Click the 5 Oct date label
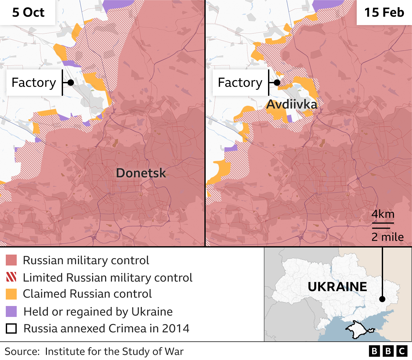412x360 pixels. click(x=28, y=13)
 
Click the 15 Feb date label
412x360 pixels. click(x=384, y=13)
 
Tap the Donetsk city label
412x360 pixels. click(x=141, y=173)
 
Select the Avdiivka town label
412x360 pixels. click(x=291, y=104)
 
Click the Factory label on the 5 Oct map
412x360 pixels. click(x=34, y=83)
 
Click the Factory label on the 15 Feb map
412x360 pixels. click(x=240, y=83)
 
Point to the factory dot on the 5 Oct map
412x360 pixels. click(x=71, y=83)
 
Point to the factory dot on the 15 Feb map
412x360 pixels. click(x=277, y=83)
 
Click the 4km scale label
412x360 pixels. click(x=383, y=214)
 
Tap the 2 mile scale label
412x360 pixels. click(x=387, y=237)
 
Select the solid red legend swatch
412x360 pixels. click(x=11, y=260)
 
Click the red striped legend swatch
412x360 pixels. click(x=11, y=277)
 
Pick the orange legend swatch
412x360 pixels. click(x=11, y=294)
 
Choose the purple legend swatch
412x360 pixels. click(x=11, y=311)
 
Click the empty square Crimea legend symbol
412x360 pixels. click(x=11, y=328)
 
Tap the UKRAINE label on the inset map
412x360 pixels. click(x=337, y=287)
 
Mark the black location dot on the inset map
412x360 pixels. click(x=382, y=299)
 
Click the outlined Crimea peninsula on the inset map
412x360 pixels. click(x=358, y=328)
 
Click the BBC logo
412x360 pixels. click(x=388, y=351)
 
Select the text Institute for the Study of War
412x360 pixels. click(x=114, y=351)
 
